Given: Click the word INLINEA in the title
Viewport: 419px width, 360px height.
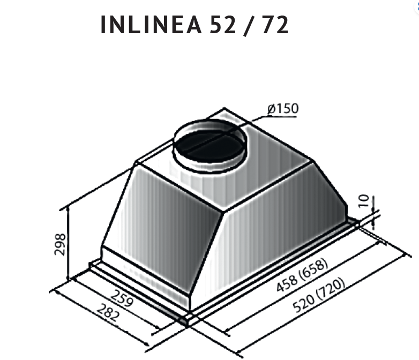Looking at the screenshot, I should pos(149,26).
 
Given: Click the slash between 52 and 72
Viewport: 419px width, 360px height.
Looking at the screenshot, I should pos(246,26).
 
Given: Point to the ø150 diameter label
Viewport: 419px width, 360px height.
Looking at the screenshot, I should pos(282,109).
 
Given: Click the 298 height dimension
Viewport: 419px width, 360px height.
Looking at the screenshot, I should pos(61,244).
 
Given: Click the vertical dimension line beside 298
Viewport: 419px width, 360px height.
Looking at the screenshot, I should pos(69,244).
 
